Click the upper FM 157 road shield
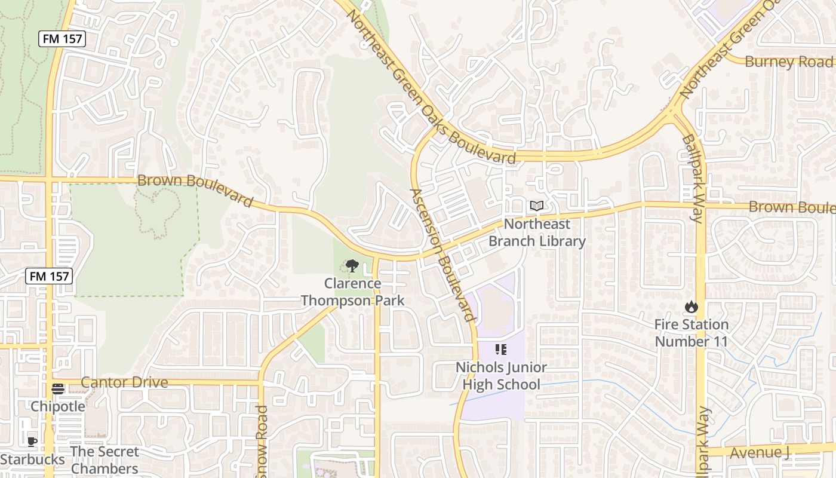[x=63, y=39]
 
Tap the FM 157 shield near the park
[x=49, y=276]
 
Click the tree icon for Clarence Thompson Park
[x=352, y=266]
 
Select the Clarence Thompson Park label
[x=352, y=292]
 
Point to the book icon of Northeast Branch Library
[x=537, y=206]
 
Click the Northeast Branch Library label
[x=537, y=232]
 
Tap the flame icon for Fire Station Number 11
[x=691, y=307]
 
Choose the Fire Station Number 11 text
[x=691, y=333]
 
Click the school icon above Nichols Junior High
[x=501, y=350]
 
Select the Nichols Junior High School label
[x=501, y=376]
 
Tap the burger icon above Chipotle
[x=58, y=389]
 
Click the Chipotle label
[x=58, y=406]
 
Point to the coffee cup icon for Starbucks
[x=32, y=442]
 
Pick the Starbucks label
[x=33, y=459]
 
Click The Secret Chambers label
[x=105, y=460]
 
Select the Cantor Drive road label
[x=124, y=382]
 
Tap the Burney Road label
[x=788, y=62]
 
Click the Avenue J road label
[x=760, y=452]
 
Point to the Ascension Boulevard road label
[x=442, y=255]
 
